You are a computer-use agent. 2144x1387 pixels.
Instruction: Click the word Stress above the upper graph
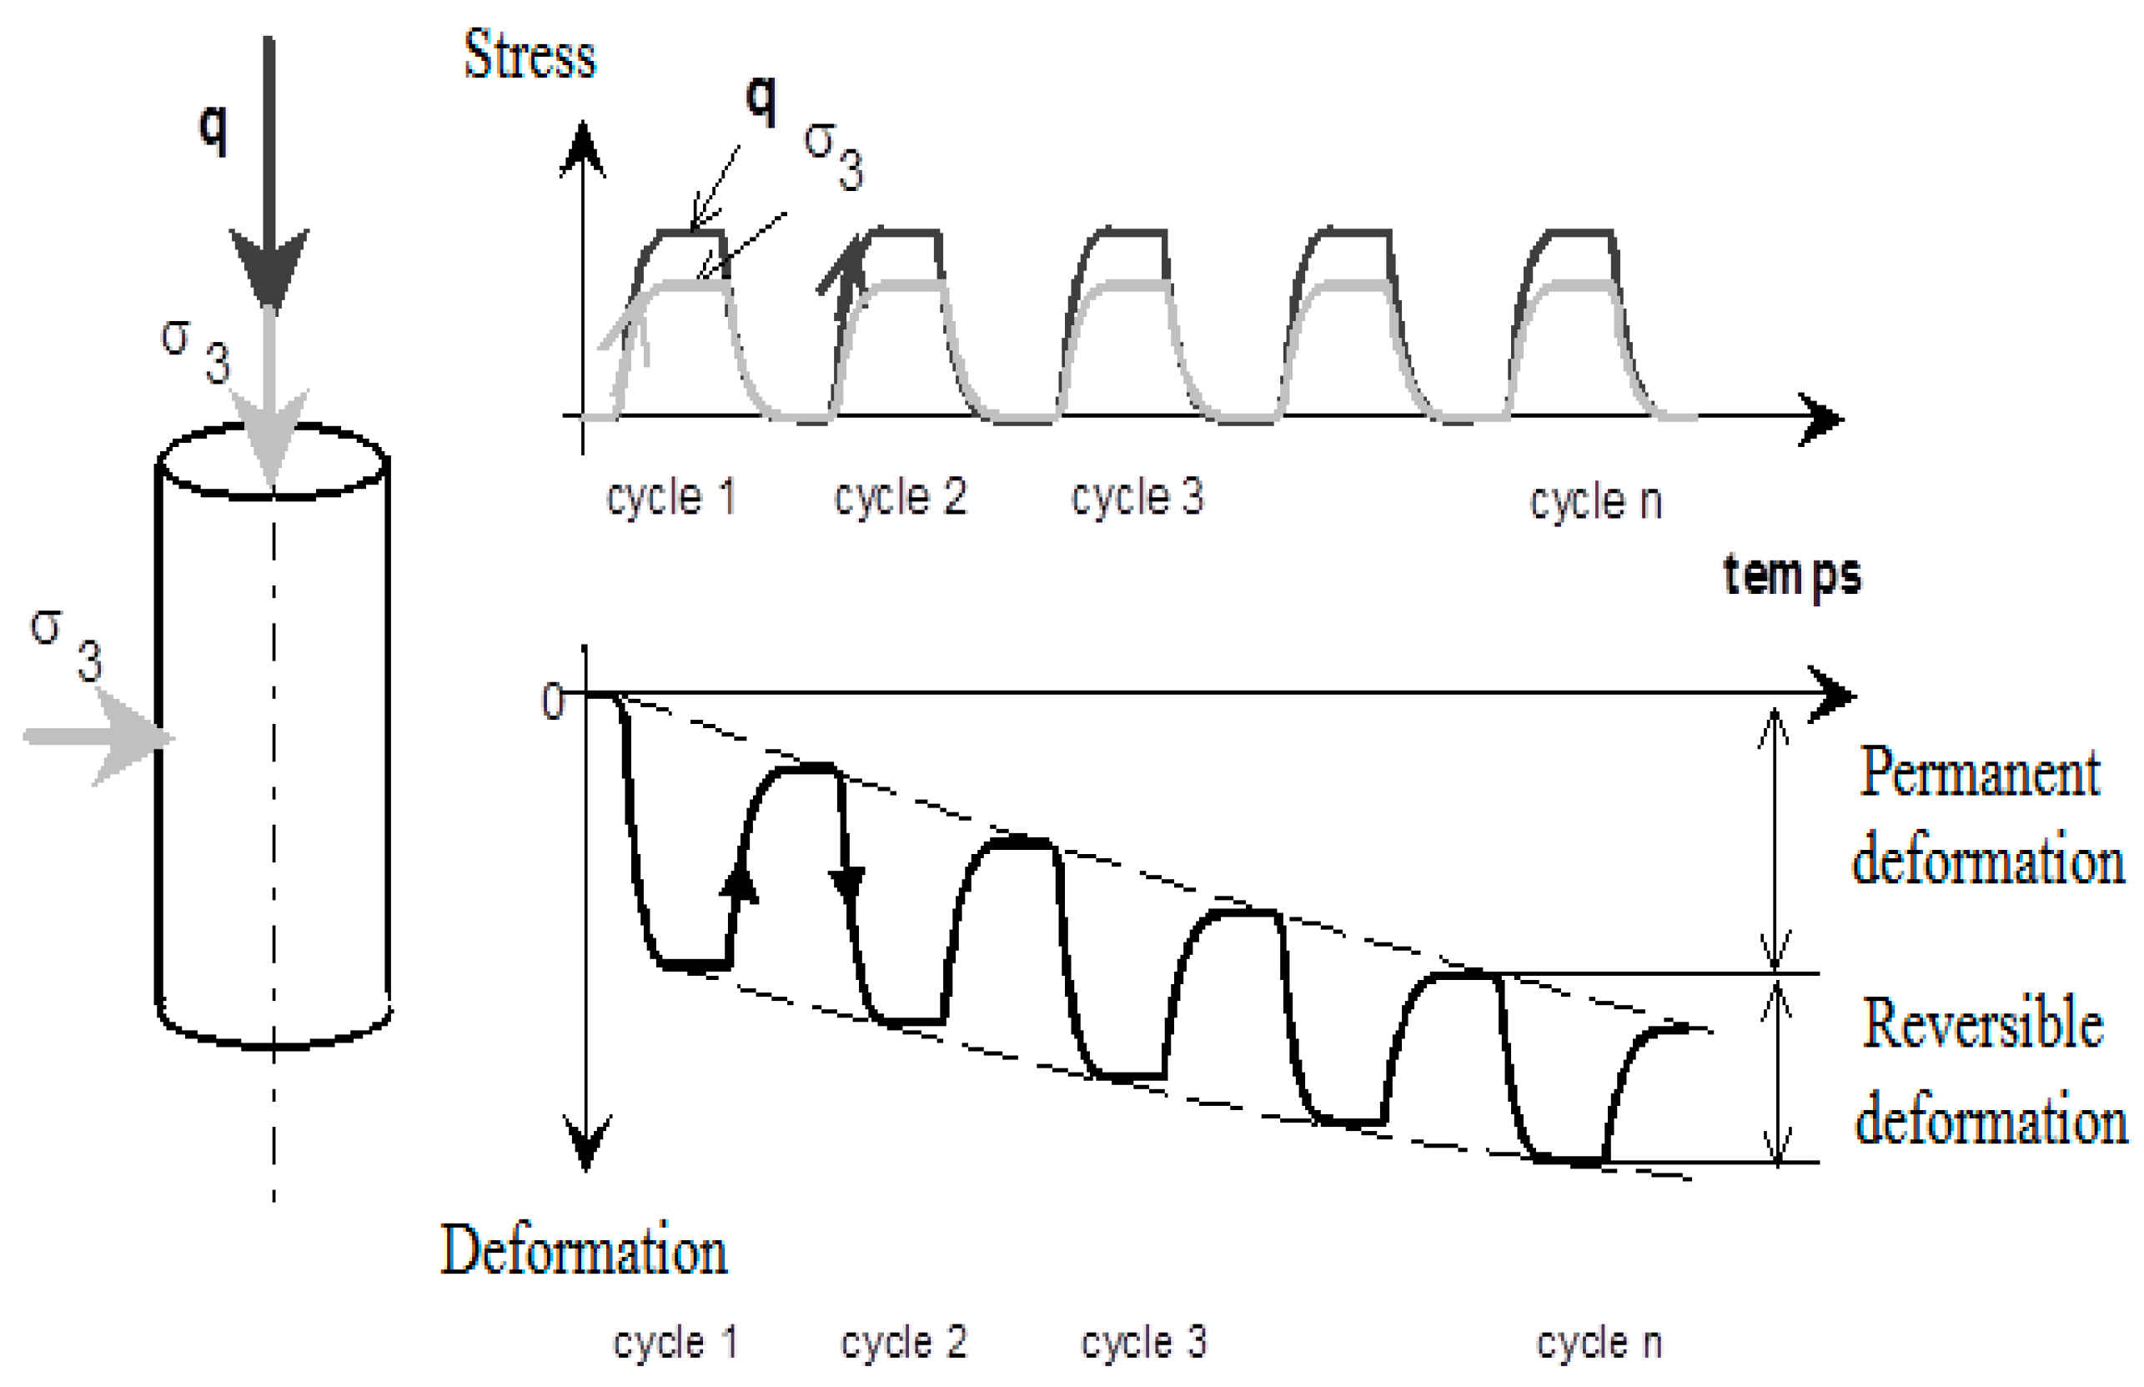[529, 56]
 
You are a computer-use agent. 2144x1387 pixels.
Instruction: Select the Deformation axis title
[584, 1251]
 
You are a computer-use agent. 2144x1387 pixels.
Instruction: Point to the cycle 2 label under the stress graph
[900, 497]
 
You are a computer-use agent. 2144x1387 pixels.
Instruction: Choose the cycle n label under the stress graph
[1594, 500]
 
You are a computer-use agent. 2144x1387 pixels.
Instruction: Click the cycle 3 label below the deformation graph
[1142, 1342]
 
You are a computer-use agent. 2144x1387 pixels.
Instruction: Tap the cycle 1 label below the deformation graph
[675, 1342]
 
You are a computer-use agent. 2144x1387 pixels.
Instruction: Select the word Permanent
[1979, 773]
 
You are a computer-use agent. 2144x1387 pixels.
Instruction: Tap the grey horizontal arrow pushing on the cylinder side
[99, 736]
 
